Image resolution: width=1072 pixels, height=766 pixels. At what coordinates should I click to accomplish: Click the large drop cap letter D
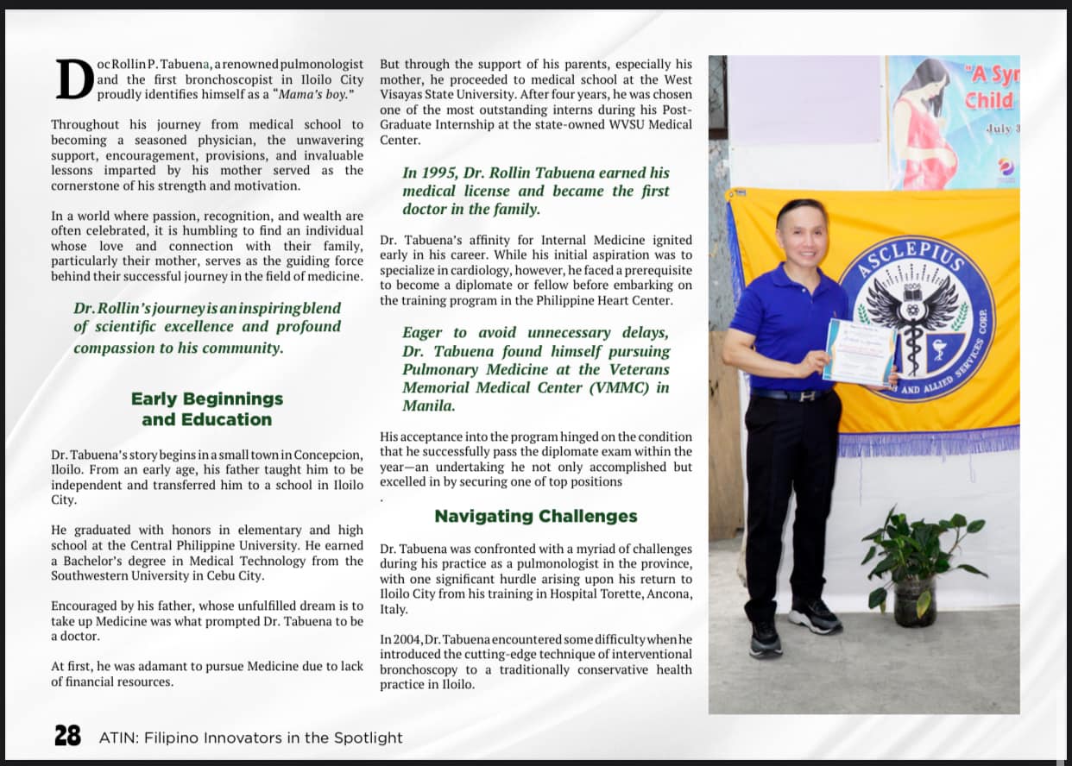coord(72,79)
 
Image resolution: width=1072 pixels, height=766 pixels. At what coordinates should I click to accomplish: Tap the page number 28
coord(67,736)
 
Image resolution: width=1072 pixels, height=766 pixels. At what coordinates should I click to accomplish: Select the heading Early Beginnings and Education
coord(207,409)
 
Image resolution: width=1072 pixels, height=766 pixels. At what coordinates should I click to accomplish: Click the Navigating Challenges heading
coord(535,516)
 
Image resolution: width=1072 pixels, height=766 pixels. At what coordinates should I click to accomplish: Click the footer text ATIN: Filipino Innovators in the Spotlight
coord(250,738)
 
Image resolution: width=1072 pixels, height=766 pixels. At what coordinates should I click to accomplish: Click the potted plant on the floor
coord(916,565)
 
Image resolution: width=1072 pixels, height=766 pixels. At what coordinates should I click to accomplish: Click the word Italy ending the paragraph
coord(394,609)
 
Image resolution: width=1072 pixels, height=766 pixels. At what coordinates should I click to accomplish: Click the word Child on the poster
coord(988,100)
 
